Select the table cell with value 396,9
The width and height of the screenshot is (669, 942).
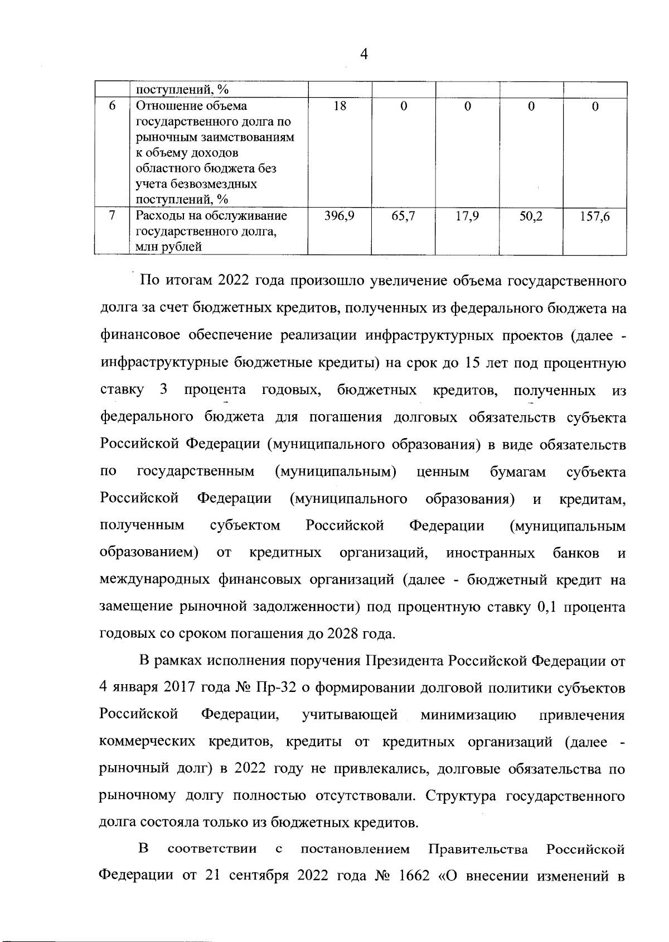340,216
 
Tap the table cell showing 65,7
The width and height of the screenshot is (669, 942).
404,216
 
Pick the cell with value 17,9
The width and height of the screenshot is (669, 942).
467,216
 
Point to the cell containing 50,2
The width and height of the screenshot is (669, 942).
531,216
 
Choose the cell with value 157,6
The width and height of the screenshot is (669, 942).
595,216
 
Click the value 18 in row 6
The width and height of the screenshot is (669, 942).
340,106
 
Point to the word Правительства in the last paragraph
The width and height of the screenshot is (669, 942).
478,850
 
